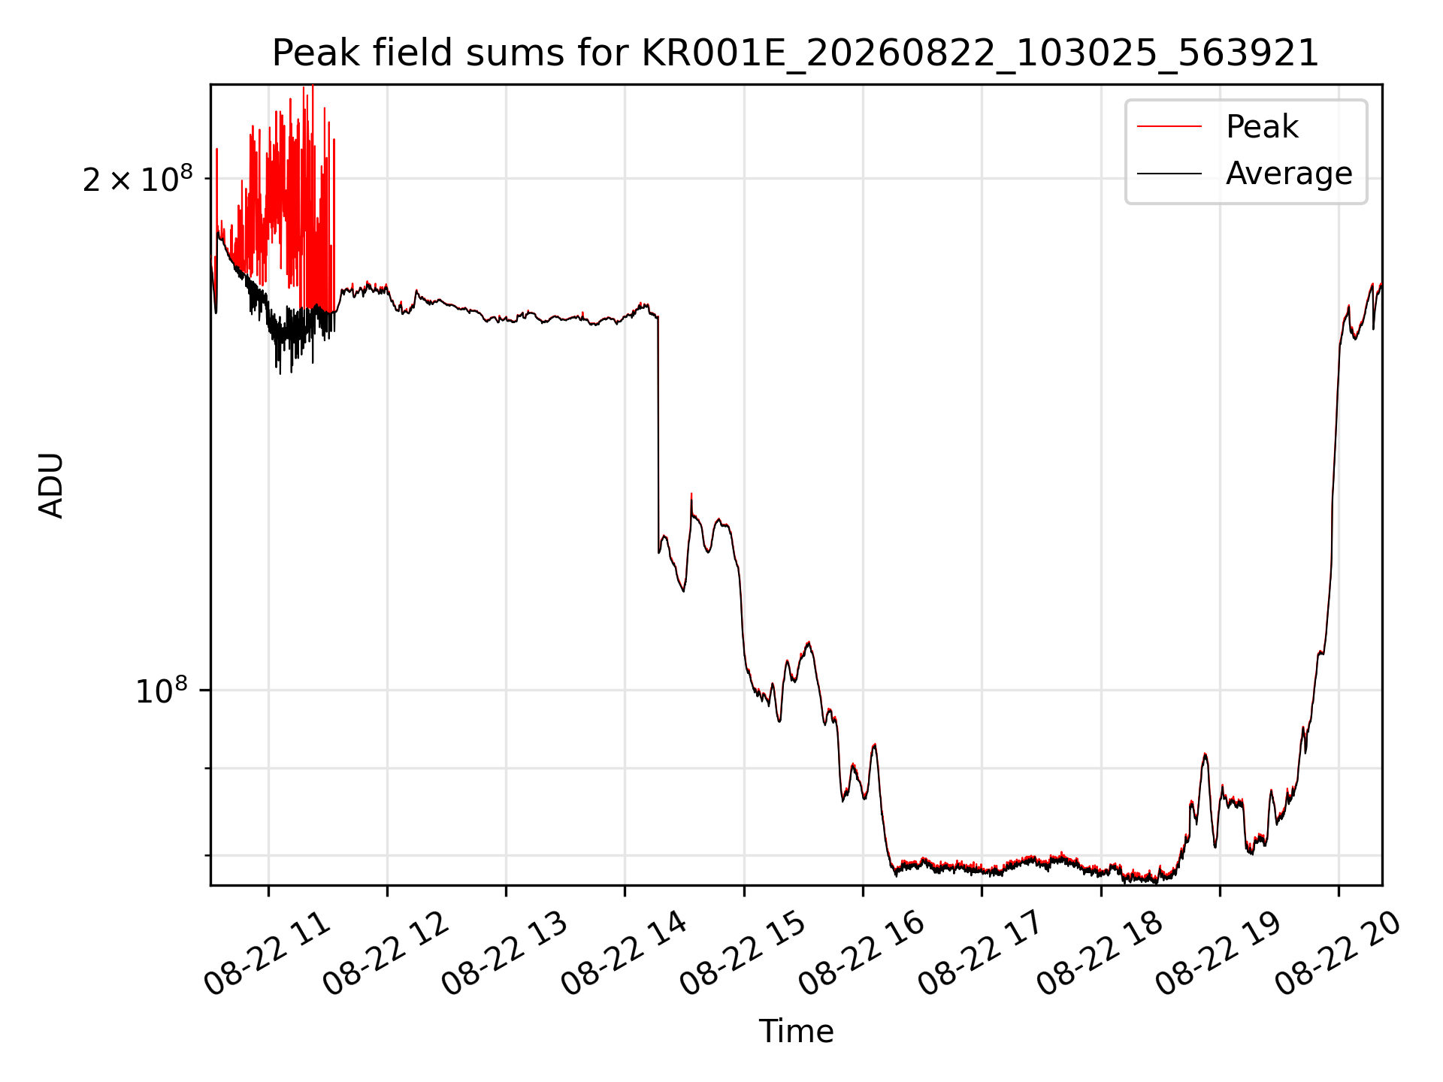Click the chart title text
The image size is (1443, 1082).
click(795, 53)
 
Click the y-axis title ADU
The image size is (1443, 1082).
click(51, 485)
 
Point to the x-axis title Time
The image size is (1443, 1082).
click(796, 1031)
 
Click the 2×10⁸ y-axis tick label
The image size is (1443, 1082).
click(138, 179)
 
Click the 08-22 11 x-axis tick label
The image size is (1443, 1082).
click(268, 954)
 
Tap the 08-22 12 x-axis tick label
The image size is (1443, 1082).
click(386, 954)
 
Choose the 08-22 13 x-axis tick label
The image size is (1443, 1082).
click(505, 954)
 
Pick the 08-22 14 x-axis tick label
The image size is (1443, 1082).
click(625, 954)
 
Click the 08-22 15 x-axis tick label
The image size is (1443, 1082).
click(743, 954)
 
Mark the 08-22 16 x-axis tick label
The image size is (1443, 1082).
click(862, 954)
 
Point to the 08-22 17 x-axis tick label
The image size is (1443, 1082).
click(981, 954)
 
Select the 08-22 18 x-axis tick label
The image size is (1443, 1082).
click(1100, 954)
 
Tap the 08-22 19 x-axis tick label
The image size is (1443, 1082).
click(1219, 954)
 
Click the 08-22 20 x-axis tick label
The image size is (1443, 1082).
click(1338, 954)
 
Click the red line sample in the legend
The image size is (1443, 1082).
click(1169, 127)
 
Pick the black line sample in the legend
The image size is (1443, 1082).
click(1169, 174)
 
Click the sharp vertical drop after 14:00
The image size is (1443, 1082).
click(658, 434)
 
